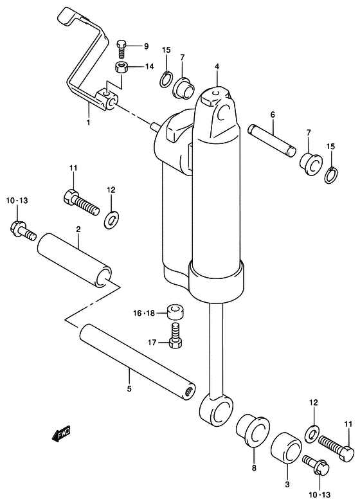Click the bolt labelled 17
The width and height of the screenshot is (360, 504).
176,335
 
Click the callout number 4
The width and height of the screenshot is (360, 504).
217,66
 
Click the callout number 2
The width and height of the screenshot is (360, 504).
78,228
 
